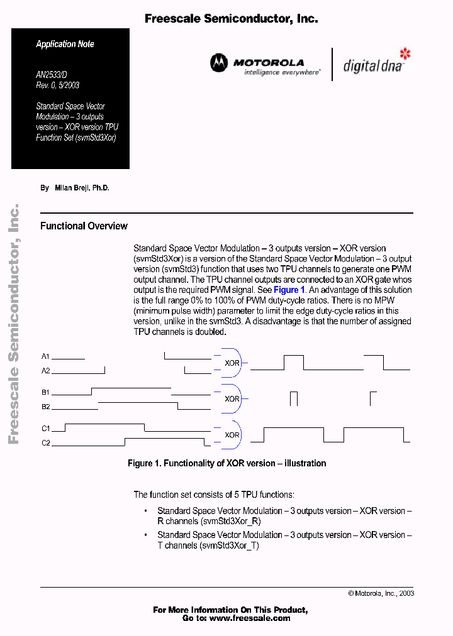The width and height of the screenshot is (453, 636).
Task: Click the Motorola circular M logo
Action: pyautogui.click(x=219, y=63)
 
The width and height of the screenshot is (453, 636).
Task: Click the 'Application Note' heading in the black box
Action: pyautogui.click(x=65, y=44)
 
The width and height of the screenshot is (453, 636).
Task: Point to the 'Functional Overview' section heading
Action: pyautogui.click(x=84, y=226)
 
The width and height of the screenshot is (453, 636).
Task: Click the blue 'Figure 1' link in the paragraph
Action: pyautogui.click(x=289, y=290)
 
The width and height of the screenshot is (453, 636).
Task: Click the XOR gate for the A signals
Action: pyautogui.click(x=231, y=363)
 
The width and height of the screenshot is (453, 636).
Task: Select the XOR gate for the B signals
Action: pyautogui.click(x=231, y=398)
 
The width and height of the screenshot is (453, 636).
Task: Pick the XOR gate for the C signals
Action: pyautogui.click(x=231, y=435)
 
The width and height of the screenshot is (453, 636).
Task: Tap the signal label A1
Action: pyautogui.click(x=45, y=356)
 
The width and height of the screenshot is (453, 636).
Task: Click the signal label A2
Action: pyautogui.click(x=45, y=371)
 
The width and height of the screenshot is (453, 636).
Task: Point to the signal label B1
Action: pyautogui.click(x=45, y=393)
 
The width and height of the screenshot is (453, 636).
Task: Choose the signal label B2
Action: pyautogui.click(x=45, y=407)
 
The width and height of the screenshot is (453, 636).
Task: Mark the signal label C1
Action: pyautogui.click(x=45, y=429)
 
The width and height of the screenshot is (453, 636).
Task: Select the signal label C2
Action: pyautogui.click(x=45, y=444)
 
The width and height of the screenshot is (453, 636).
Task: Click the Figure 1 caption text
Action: pyautogui.click(x=226, y=463)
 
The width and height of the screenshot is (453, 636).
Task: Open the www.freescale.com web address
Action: pyautogui.click(x=250, y=618)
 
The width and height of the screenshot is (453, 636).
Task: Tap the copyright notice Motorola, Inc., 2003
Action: pyautogui.click(x=381, y=593)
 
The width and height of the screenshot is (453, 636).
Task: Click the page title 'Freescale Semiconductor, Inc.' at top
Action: pyautogui.click(x=231, y=19)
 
